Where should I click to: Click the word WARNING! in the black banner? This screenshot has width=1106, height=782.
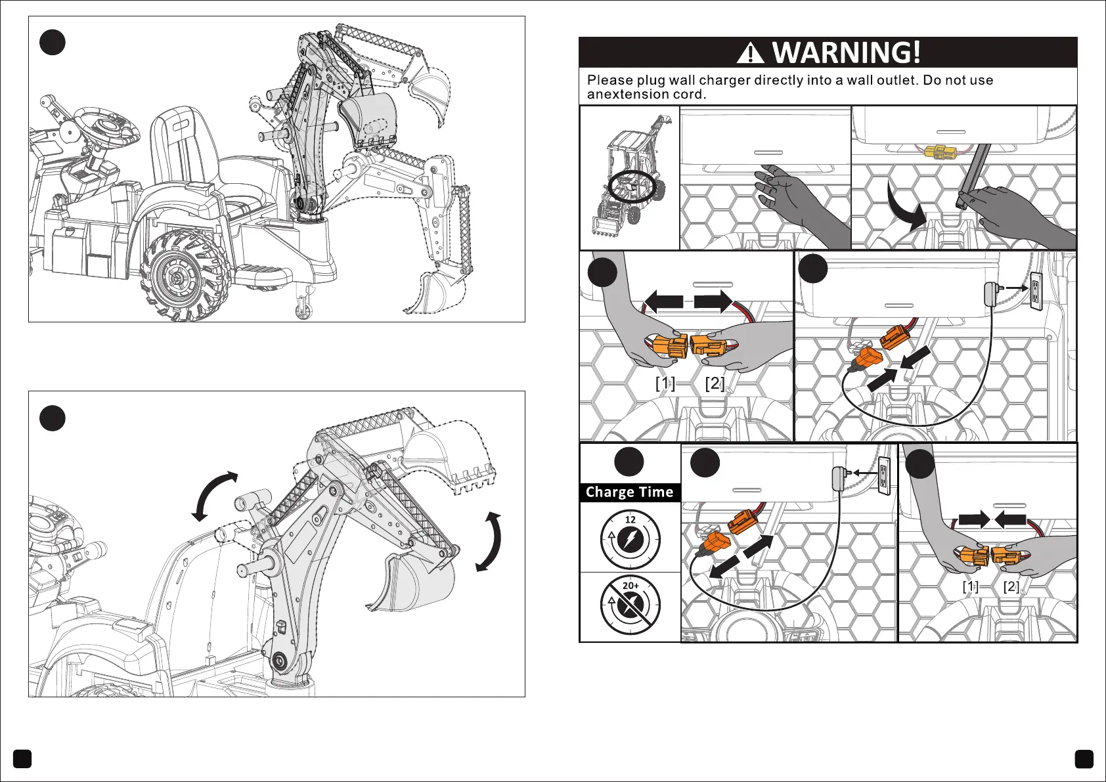point(846,53)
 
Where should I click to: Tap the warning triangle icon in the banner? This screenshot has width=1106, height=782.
point(750,53)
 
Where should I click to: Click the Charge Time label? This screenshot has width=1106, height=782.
point(629,492)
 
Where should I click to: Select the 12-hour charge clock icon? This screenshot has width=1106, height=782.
point(630,540)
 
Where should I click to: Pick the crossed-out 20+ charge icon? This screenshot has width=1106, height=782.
point(630,605)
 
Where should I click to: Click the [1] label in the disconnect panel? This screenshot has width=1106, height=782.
point(665,383)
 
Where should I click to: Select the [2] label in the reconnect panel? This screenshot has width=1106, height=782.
point(1011,586)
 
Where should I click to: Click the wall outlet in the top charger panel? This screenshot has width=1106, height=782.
point(1036,291)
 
